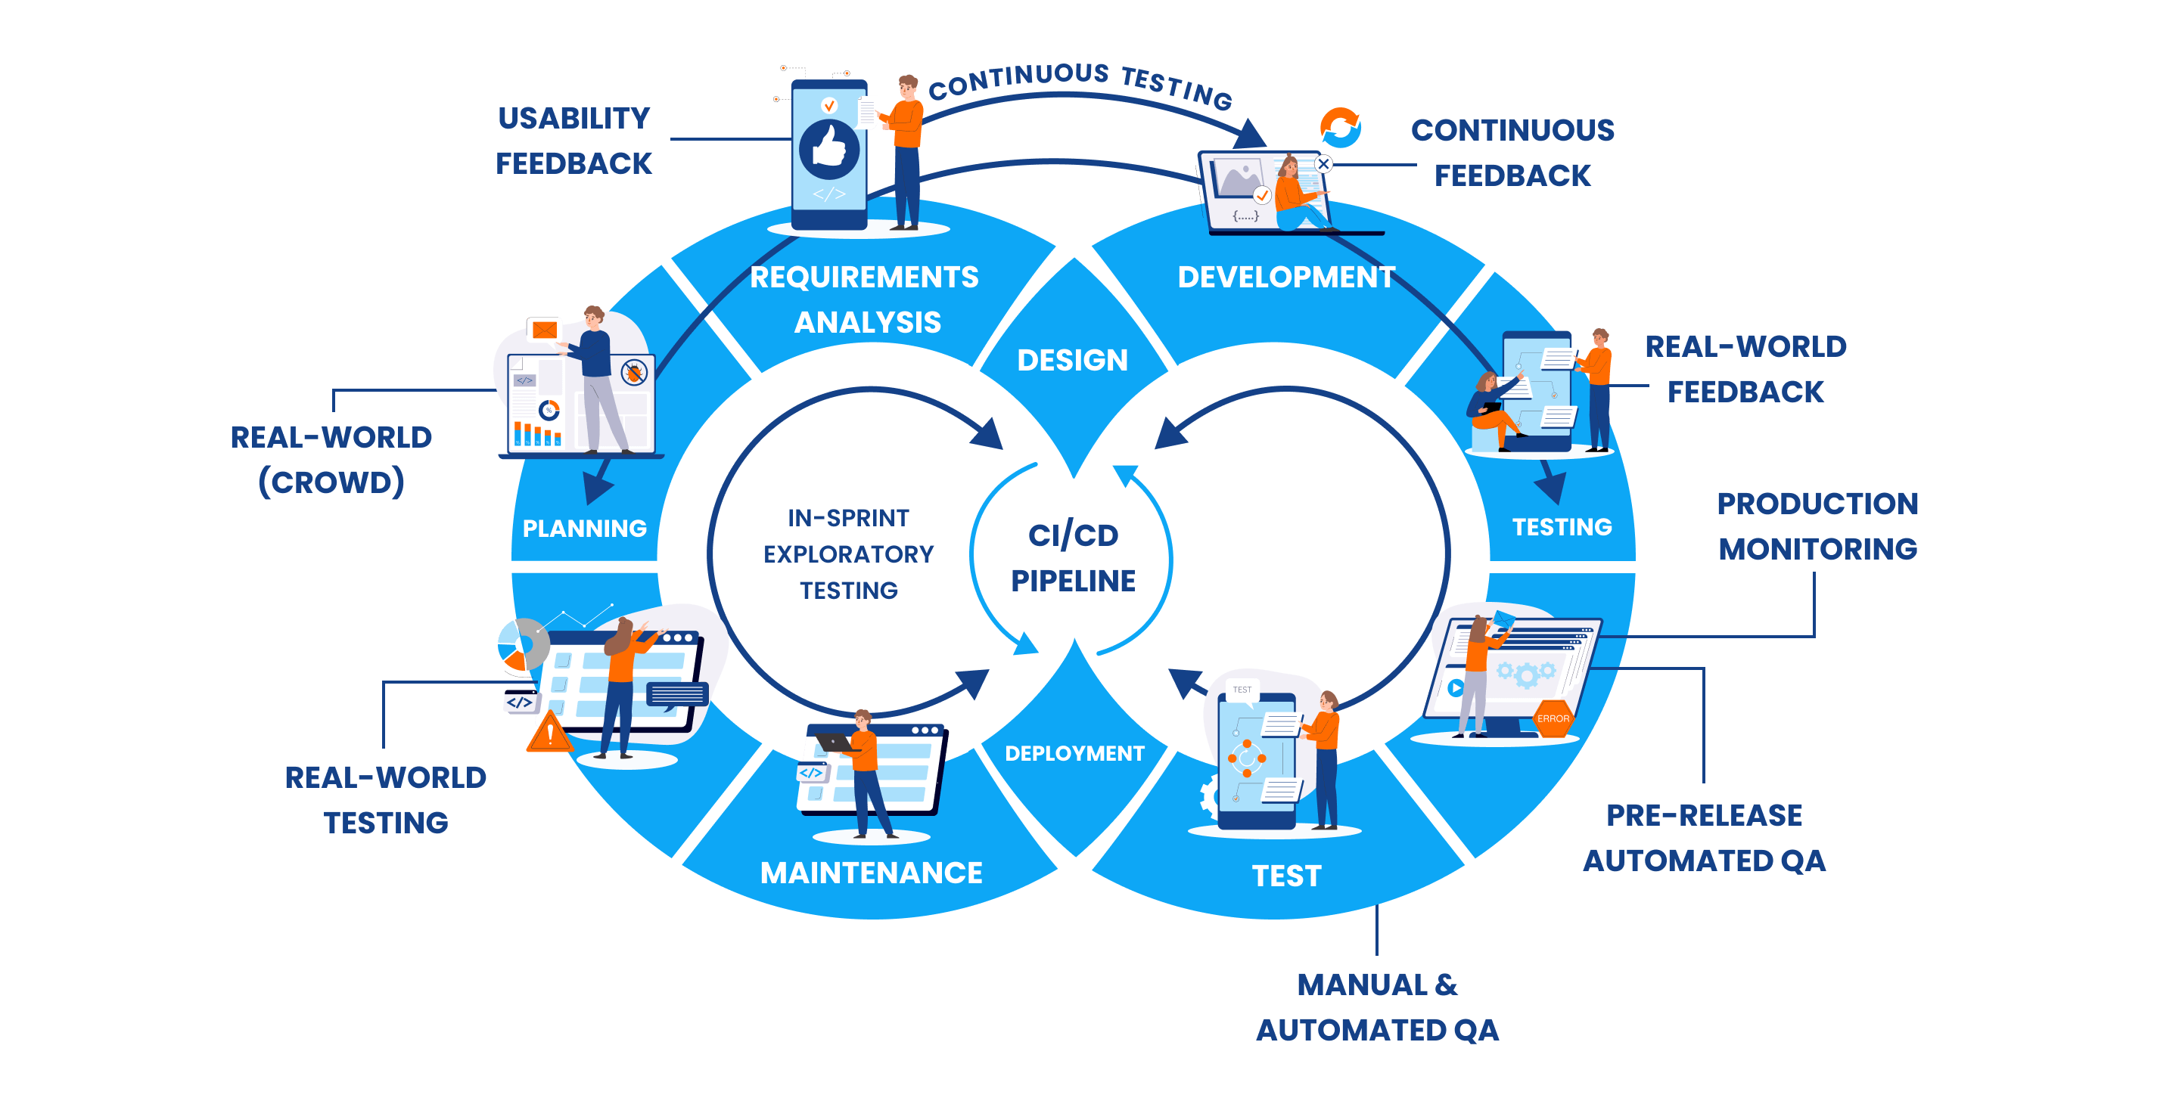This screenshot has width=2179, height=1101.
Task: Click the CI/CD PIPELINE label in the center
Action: [1073, 557]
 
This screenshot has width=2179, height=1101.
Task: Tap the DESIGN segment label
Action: [1072, 360]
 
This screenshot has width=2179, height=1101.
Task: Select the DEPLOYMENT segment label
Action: [1074, 753]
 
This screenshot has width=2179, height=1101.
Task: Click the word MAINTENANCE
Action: [872, 873]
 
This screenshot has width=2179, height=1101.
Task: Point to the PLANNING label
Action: [585, 529]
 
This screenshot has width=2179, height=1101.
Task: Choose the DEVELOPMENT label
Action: [1285, 278]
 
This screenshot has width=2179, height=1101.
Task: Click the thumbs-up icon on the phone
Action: [829, 149]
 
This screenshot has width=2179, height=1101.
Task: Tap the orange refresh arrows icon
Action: [1341, 127]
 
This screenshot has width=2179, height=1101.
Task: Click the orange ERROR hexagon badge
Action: [1553, 718]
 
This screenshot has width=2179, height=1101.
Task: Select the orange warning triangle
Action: [550, 732]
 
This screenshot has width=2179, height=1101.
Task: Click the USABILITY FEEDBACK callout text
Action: [574, 141]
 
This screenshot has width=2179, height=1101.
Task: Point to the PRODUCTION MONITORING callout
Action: [1817, 526]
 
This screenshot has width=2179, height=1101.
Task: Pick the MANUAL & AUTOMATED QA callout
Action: [1377, 1007]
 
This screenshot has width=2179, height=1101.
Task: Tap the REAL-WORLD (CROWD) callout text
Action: [331, 459]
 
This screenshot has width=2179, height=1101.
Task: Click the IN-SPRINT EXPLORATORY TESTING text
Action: [848, 554]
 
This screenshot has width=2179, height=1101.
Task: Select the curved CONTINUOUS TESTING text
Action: [1080, 82]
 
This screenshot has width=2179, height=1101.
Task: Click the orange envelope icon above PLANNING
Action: [544, 329]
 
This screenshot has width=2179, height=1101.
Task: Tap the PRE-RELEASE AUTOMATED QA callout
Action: [1704, 837]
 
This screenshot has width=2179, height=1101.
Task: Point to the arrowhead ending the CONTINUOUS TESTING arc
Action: [1251, 135]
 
